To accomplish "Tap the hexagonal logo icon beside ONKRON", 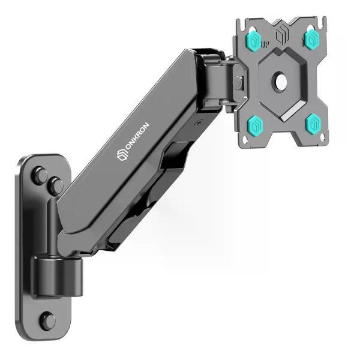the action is click(122, 155).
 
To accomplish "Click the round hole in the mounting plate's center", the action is click(281, 81).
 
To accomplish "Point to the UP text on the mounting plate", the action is click(265, 44).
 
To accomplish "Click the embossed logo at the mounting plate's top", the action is click(282, 34).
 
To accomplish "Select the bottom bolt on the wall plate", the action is click(47, 321).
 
